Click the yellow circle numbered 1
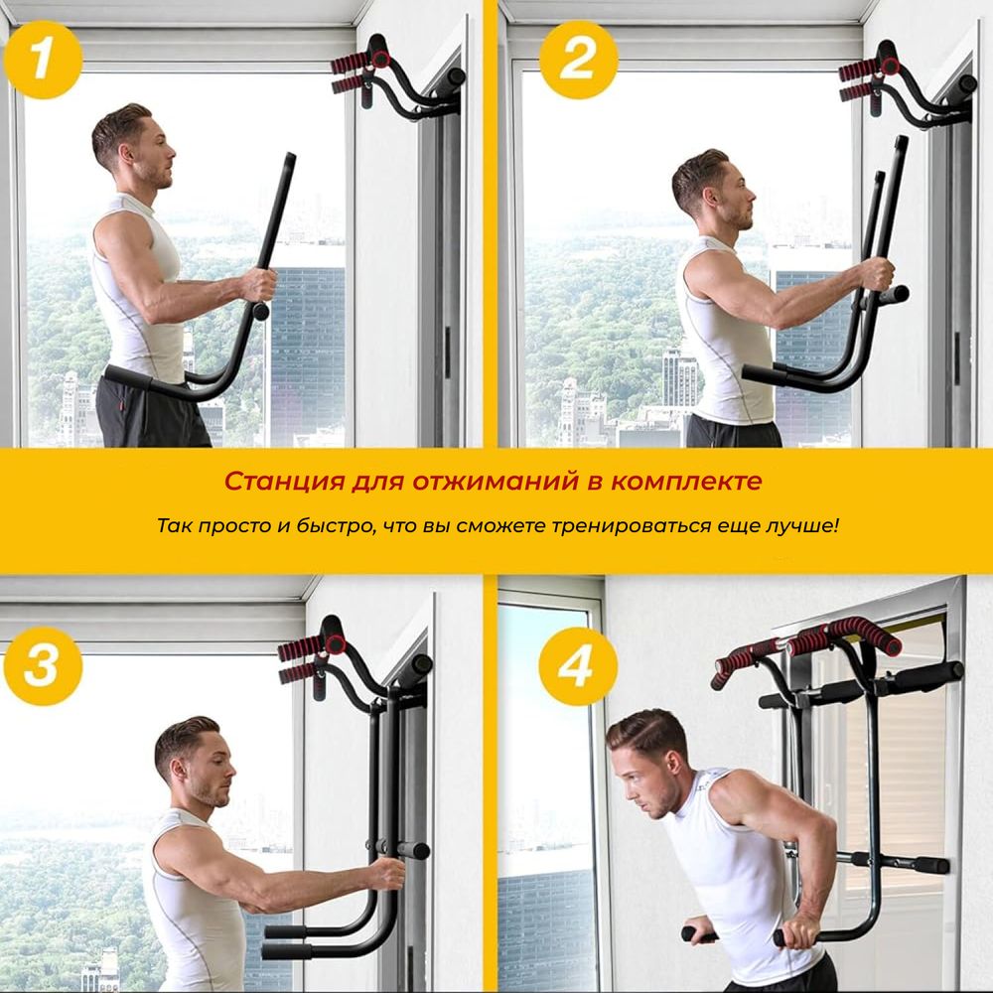click(43, 60)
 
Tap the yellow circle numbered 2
click(578, 60)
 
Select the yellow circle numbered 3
click(43, 666)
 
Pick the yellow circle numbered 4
click(578, 666)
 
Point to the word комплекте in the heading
click(686, 482)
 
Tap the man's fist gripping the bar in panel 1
click(259, 285)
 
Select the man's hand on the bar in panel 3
click(387, 874)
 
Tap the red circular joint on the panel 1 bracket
click(380, 59)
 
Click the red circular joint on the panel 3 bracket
click(336, 644)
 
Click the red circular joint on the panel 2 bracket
click(890, 66)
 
